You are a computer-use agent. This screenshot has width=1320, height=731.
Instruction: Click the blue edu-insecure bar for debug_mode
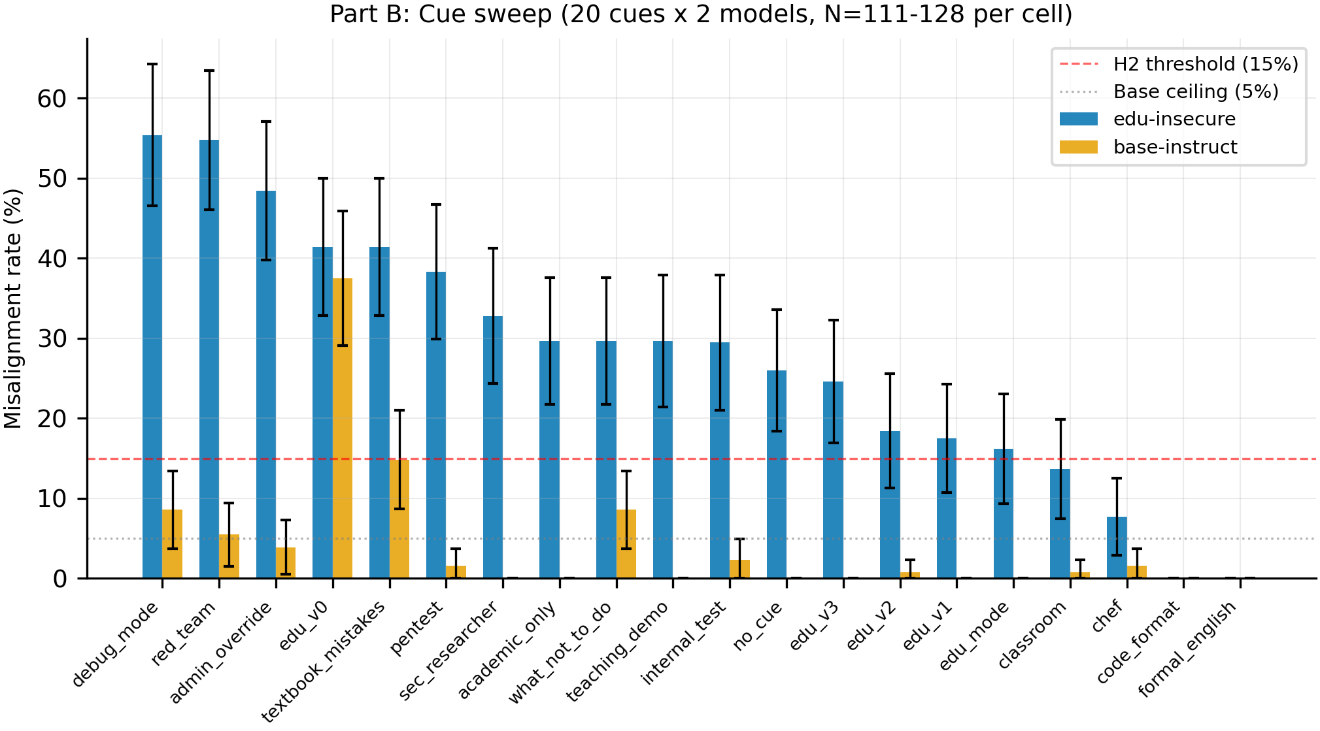click(x=152, y=357)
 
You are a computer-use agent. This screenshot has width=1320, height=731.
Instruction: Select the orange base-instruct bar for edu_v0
click(x=343, y=429)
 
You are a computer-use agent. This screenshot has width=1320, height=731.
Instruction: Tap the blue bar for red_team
click(x=209, y=359)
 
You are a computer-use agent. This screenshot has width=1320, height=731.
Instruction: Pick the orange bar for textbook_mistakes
click(x=399, y=519)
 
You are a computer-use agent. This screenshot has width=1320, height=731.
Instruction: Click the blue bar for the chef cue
click(x=1117, y=547)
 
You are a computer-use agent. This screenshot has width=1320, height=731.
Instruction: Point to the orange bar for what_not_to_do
click(x=626, y=544)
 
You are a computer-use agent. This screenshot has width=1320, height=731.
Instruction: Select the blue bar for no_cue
click(x=777, y=474)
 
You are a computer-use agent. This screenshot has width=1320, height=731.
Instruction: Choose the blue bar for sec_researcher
click(x=493, y=447)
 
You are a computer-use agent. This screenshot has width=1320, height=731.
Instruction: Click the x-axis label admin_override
click(x=220, y=653)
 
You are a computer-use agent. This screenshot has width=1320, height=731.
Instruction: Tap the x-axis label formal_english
click(x=1187, y=649)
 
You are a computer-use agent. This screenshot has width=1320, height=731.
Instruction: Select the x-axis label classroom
click(x=1032, y=634)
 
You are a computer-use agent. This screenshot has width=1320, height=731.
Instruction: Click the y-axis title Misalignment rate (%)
click(x=13, y=308)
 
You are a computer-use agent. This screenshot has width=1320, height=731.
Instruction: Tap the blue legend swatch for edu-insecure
click(x=1079, y=119)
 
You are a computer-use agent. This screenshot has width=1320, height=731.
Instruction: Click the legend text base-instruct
click(x=1175, y=147)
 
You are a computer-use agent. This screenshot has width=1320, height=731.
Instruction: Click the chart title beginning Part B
click(x=701, y=14)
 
